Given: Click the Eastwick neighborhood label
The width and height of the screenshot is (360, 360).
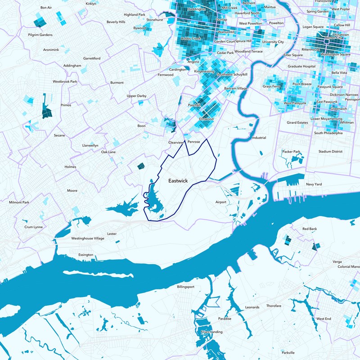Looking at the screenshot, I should coord(178,181).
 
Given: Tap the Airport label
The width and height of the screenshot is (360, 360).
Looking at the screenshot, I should coord(220,202).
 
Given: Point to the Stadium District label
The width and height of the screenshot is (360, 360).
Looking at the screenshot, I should coord(331,152).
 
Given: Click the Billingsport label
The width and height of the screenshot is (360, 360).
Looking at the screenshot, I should coord(186,287).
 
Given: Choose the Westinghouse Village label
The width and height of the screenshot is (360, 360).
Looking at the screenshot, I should coord(88,238).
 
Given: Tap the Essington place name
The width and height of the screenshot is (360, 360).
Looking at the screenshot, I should coord(85,255).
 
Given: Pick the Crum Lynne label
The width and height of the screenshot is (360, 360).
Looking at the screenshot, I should coord(34,227).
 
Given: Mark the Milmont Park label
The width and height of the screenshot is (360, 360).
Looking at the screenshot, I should coord(19,202).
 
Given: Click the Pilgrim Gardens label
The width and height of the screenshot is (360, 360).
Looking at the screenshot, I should coord(40,35).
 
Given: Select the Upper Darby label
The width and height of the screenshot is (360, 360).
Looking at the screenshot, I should coord(137,96).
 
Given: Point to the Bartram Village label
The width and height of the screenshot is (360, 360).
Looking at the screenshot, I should coord(236,89).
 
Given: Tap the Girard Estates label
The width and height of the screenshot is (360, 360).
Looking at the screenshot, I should coord(297,122).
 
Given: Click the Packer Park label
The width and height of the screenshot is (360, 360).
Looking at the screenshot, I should coord(291,152).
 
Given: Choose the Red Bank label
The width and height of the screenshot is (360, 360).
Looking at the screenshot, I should coord(310,229).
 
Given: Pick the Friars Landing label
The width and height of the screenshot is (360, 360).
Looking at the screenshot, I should coord(212,332).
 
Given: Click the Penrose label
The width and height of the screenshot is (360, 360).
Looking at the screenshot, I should coord(193,142).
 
